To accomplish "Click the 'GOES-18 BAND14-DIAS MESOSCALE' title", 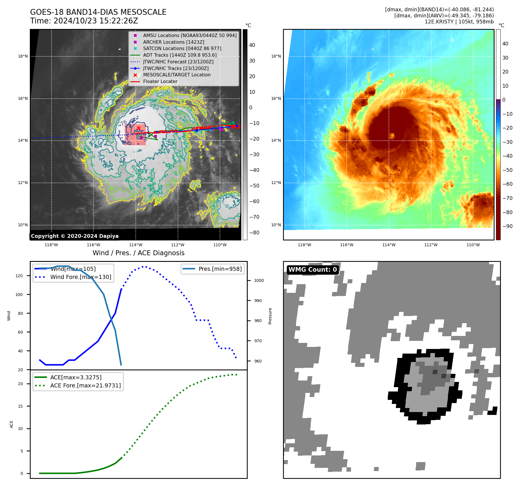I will [98, 12].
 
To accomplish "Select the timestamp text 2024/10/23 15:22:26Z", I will [96, 21].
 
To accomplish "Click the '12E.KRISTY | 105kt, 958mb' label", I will [459, 22].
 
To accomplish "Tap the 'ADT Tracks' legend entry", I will [179, 55].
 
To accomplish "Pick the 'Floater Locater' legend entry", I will [160, 81].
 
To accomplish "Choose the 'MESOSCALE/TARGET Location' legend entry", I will [177, 75].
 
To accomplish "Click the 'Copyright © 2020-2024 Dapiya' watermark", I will [75, 236].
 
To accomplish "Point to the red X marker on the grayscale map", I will [139, 128].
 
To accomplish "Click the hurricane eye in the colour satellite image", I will [392, 136].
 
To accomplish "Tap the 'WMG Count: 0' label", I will [313, 270].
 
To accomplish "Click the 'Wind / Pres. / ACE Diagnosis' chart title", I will [138, 253].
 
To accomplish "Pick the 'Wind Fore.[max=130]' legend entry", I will [80, 277].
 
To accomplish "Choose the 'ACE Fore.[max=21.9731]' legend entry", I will [85, 385].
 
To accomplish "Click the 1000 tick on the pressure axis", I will [259, 280].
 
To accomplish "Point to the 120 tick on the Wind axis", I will [19, 276].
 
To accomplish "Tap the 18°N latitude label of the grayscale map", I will [23, 56].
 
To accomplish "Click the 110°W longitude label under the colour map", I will [473, 245].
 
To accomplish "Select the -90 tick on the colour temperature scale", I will [507, 226].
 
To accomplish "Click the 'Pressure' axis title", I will [270, 316].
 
